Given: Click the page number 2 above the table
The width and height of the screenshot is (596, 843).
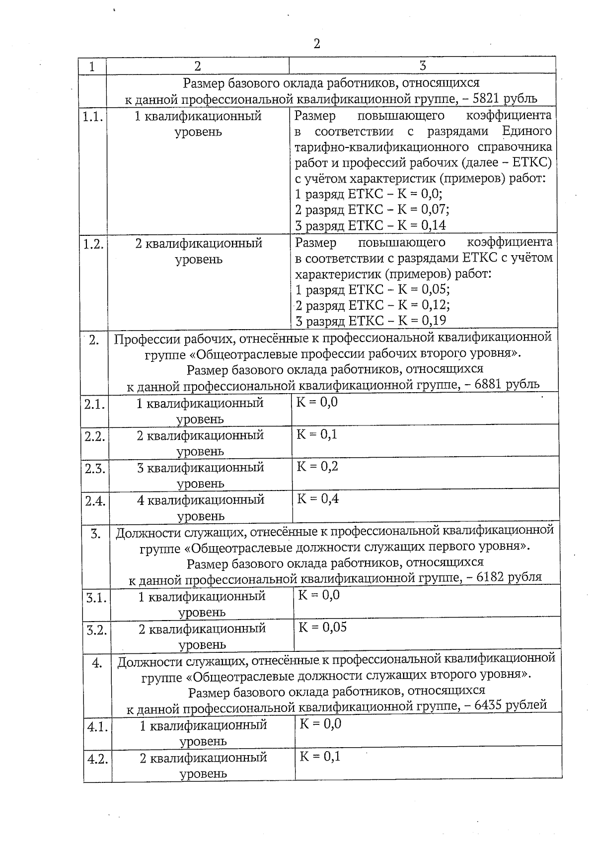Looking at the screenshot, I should tap(316, 44).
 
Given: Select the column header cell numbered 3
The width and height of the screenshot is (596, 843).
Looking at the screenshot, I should tap(422, 66).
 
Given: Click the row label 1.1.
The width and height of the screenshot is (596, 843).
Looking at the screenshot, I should tap(92, 117).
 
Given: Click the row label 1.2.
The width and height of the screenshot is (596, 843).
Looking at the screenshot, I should tap(93, 244).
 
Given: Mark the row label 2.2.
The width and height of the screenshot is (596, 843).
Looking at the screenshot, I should tap(94, 437).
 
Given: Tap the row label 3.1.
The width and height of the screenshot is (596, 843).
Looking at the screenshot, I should tap(96, 598).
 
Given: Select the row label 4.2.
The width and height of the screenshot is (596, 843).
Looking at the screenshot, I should tap(97, 759).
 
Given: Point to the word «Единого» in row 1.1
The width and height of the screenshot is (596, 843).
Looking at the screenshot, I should tap(527, 132).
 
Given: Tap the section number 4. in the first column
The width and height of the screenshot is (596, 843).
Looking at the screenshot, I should tap(97, 663).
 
